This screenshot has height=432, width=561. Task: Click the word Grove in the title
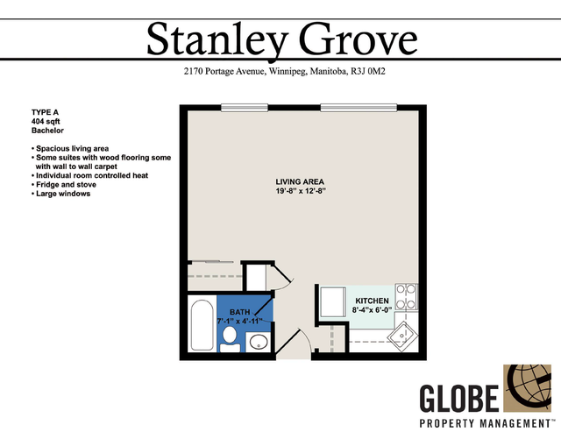tap(359, 39)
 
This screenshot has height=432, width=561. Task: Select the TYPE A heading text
tap(45, 112)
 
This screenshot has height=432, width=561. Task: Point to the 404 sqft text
tap(46, 122)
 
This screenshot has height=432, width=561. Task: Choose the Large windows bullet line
tap(60, 194)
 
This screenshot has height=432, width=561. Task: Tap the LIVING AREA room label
tap(300, 181)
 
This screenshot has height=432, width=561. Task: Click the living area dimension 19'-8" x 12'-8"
tap(300, 191)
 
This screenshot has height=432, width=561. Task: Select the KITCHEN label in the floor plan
tap(372, 301)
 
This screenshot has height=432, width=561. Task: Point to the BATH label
tap(239, 312)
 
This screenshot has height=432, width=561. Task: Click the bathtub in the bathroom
tap(202, 325)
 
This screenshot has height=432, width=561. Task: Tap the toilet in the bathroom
tap(230, 338)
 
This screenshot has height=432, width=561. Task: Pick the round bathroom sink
tap(258, 342)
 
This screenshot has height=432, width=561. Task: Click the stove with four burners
tap(406, 297)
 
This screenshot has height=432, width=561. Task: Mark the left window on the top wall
tap(245, 107)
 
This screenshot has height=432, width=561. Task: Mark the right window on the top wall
tap(359, 107)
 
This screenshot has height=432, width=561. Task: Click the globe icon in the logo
tap(527, 388)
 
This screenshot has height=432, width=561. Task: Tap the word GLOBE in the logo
tap(459, 398)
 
